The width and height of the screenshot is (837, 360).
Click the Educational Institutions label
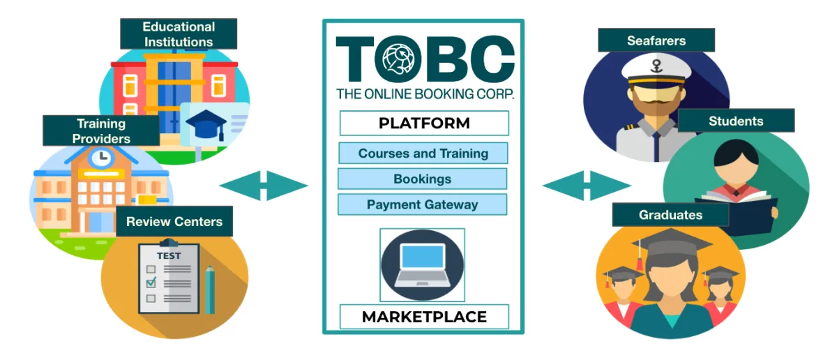point(178,34)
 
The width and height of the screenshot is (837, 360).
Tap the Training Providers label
point(101,130)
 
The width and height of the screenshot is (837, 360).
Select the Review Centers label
point(174,222)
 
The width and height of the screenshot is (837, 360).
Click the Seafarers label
point(656,40)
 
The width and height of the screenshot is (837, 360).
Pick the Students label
point(736,121)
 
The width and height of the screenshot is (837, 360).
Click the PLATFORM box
point(424,123)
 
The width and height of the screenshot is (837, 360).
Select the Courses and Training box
point(423,153)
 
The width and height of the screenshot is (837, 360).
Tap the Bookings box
point(422,179)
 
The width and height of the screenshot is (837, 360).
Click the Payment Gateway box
point(422,205)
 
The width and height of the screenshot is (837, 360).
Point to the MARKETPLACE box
point(424,317)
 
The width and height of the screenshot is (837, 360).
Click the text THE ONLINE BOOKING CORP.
point(424,93)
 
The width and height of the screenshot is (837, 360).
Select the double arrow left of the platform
point(264,186)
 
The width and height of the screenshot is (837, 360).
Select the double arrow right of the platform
point(587,186)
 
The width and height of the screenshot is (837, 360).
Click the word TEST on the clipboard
point(169,256)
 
